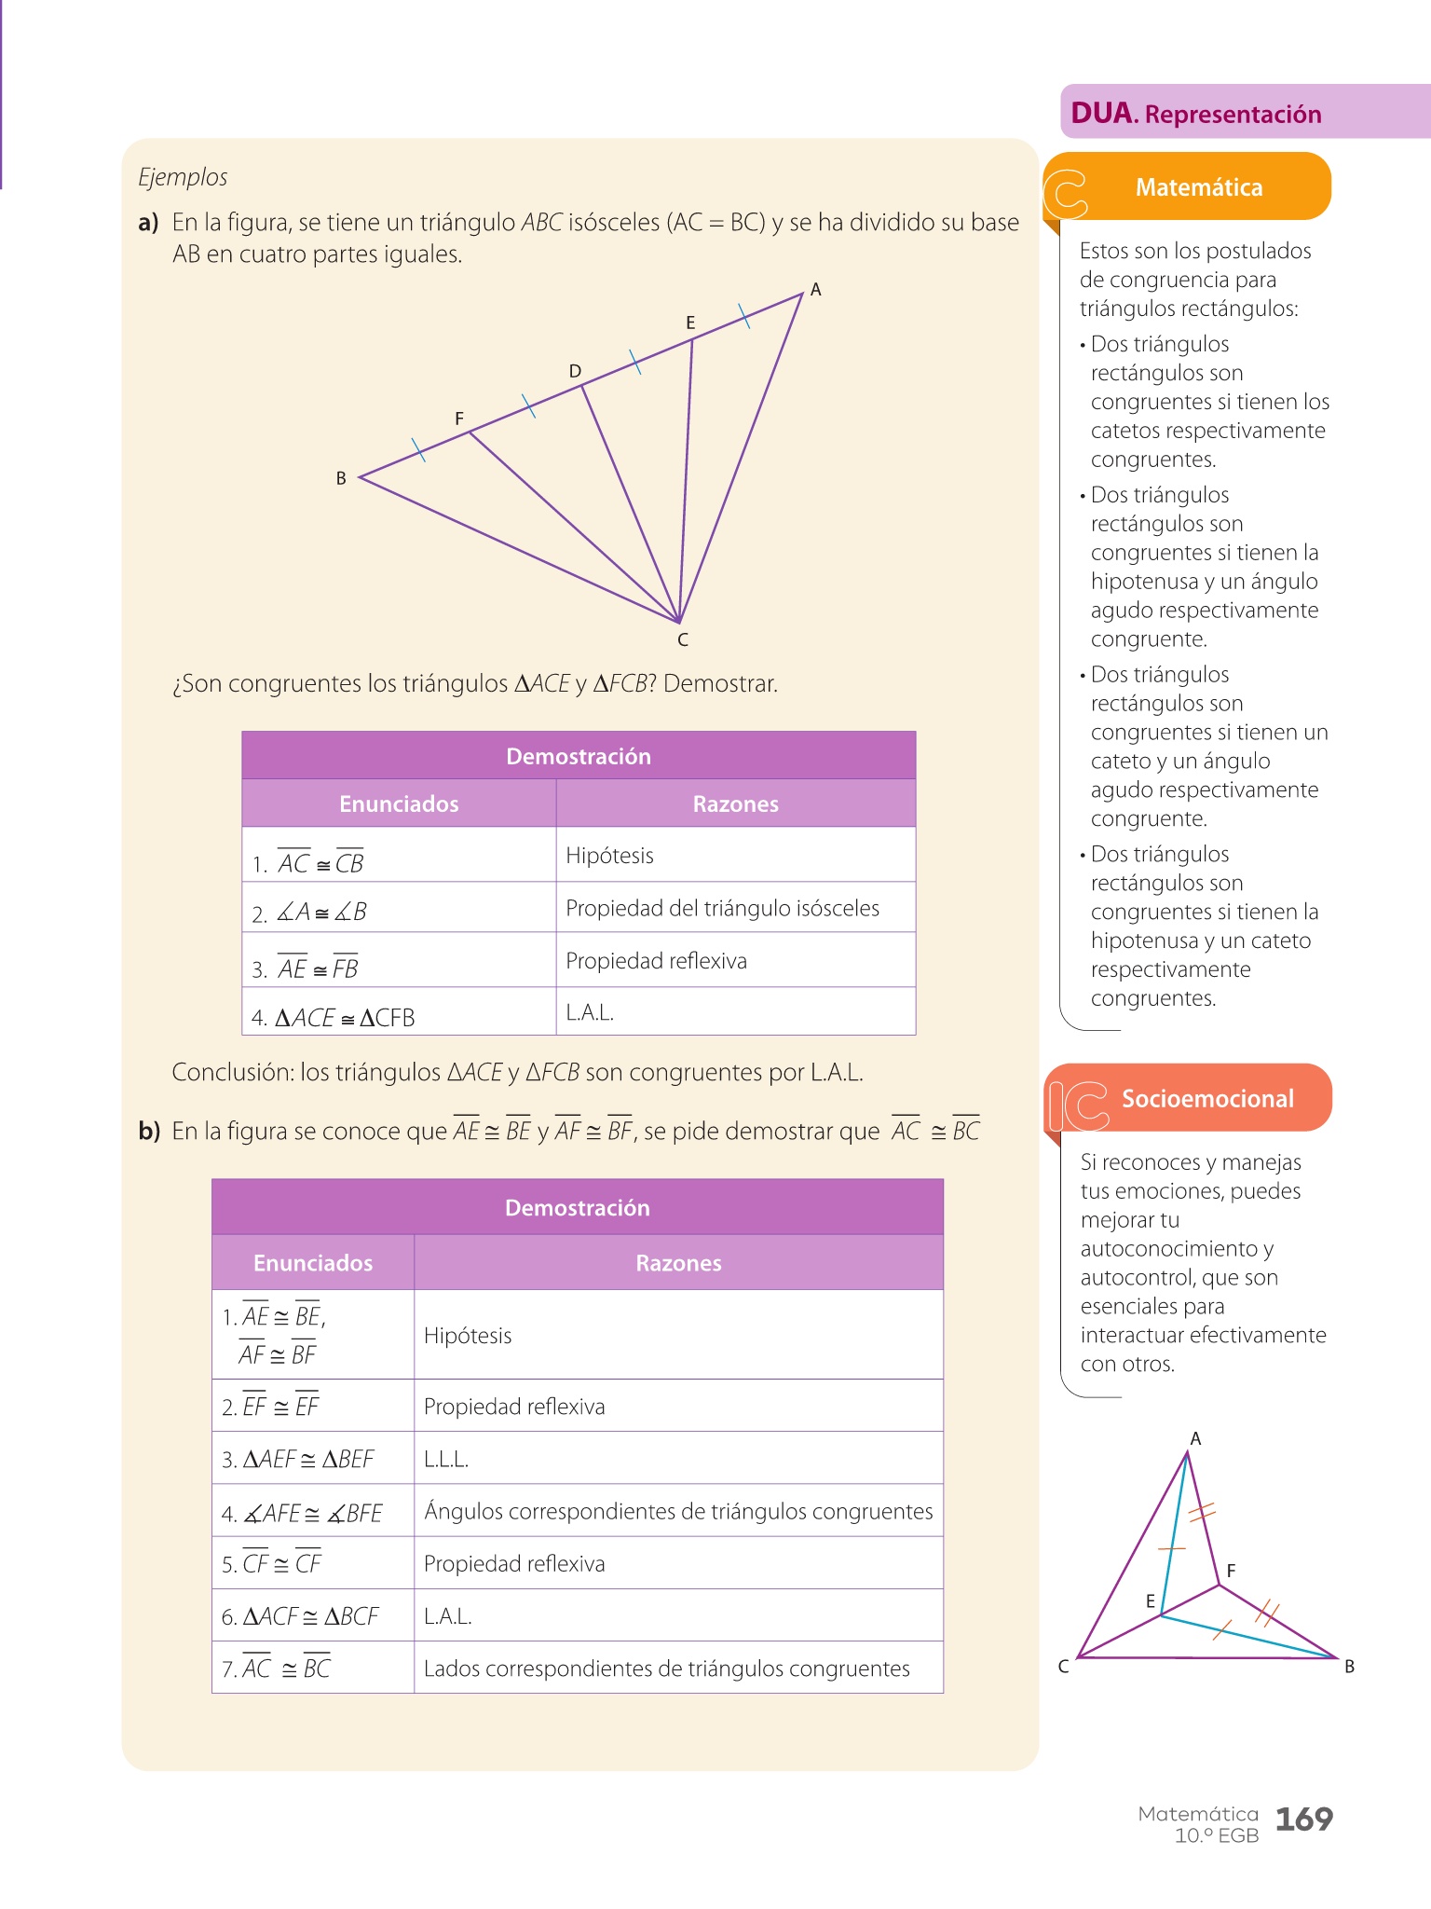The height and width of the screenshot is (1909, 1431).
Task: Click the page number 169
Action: [1303, 1819]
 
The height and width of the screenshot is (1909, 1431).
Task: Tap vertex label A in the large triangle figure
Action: [816, 290]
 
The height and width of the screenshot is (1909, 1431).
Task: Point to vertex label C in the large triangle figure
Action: [683, 639]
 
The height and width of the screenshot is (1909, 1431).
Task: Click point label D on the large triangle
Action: [575, 371]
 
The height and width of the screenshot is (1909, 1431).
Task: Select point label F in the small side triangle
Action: [1231, 1571]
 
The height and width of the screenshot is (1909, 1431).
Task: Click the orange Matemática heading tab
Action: [1198, 187]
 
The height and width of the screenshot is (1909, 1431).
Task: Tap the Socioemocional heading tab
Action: [1206, 1098]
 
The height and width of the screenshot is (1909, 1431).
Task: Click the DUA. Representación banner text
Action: [1196, 114]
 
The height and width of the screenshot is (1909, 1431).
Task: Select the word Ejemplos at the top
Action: [183, 177]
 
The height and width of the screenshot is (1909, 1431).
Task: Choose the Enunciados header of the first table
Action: [399, 803]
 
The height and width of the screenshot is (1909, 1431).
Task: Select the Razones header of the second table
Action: [678, 1263]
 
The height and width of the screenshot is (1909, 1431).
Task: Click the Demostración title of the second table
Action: [577, 1208]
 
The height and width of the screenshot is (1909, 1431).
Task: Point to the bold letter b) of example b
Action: [149, 1132]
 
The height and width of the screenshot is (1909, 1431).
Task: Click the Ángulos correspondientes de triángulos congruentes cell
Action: [678, 1511]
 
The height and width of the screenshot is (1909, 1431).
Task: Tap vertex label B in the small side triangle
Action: [1349, 1667]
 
